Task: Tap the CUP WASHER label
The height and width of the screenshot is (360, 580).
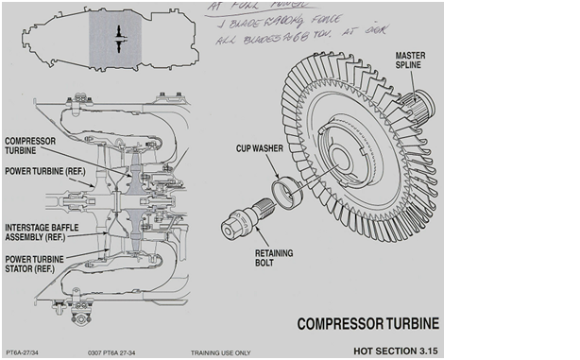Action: tap(261, 148)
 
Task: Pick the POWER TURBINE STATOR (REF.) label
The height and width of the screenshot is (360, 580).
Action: tap(37, 262)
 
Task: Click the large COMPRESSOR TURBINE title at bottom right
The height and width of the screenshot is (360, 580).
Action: tap(368, 324)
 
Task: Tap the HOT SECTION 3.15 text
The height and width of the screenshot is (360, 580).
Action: tap(397, 351)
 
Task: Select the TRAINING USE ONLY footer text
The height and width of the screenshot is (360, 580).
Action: tap(220, 352)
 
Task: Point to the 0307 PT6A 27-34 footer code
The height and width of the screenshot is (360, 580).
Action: tap(114, 352)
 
